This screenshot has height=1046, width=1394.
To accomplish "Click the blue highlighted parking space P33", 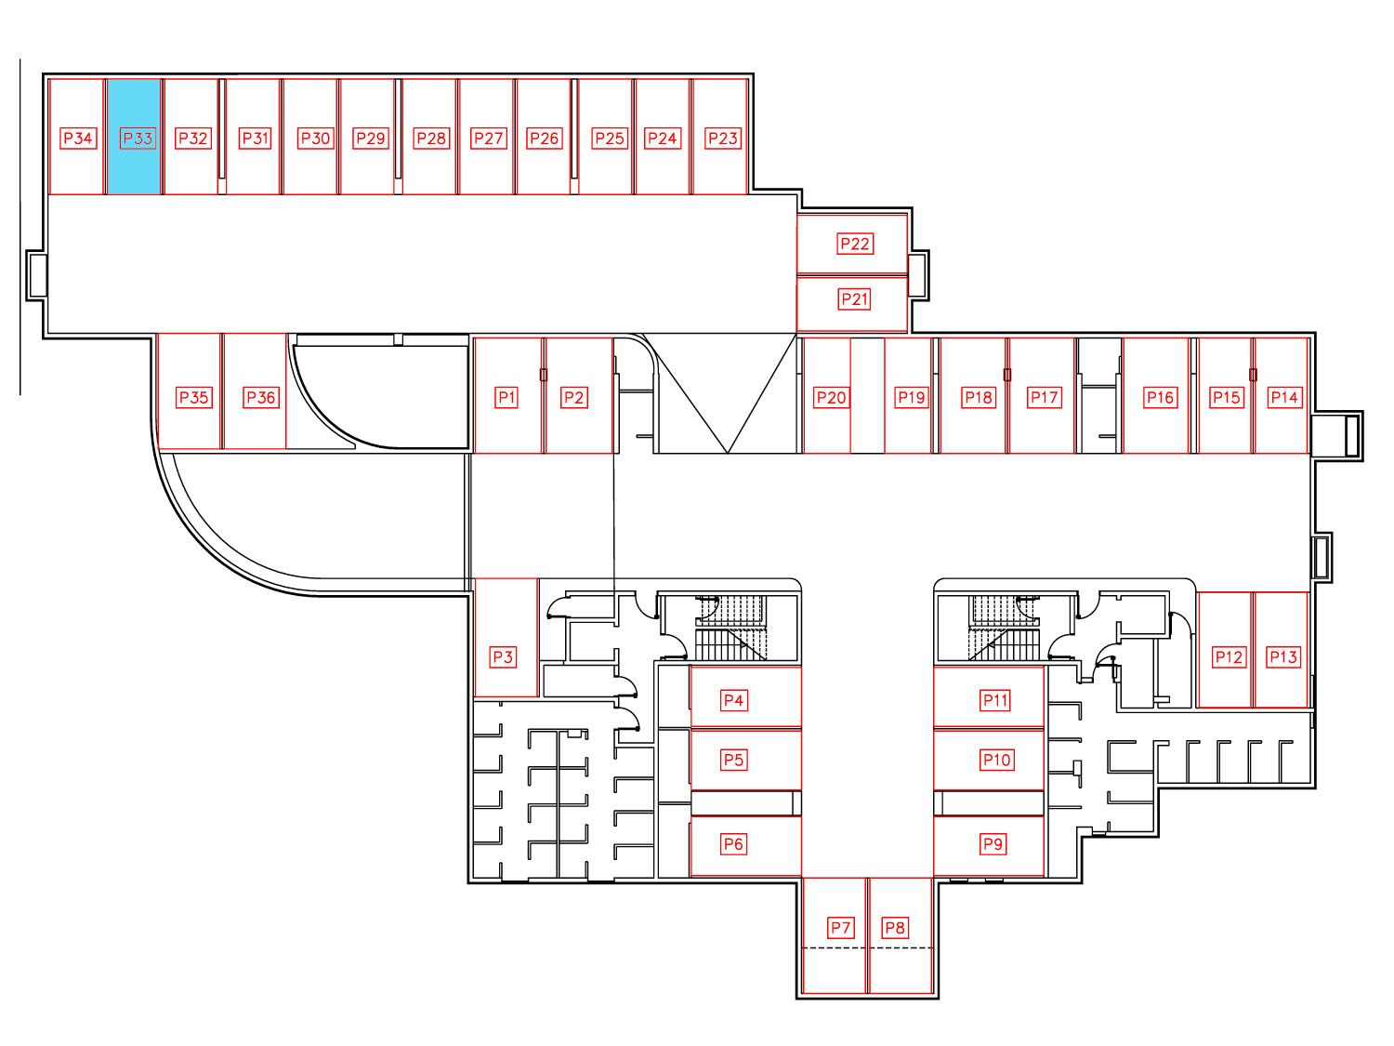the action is click(x=134, y=137).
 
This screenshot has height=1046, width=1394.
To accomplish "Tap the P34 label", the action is click(x=78, y=139).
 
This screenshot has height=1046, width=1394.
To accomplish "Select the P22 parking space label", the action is click(x=855, y=244).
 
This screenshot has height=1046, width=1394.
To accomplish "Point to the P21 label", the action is click(x=854, y=299).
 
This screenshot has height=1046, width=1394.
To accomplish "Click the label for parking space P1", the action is click(x=506, y=398).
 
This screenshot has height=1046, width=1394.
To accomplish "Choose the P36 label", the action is click(x=261, y=398).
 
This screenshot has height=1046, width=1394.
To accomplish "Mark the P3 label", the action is click(x=503, y=656).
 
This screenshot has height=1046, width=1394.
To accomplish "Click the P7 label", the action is click(x=841, y=928).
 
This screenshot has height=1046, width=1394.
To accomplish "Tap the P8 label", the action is click(x=896, y=928).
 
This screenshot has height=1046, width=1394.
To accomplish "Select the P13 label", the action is click(x=1282, y=656).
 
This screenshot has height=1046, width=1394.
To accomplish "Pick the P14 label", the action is click(x=1284, y=398).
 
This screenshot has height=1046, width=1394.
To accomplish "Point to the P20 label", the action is click(x=832, y=398).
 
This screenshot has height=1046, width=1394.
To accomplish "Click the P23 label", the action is click(x=723, y=139).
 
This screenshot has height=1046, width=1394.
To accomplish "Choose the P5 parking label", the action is click(x=733, y=760).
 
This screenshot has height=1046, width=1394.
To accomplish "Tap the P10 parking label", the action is click(x=996, y=760).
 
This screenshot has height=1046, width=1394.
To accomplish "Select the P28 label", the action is click(x=431, y=139).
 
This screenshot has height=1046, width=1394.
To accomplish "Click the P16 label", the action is click(x=1161, y=398).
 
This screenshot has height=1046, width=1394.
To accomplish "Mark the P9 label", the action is click(x=993, y=844).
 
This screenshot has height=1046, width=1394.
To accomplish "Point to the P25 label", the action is click(x=610, y=139).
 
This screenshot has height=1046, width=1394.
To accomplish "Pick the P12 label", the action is click(x=1229, y=656).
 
